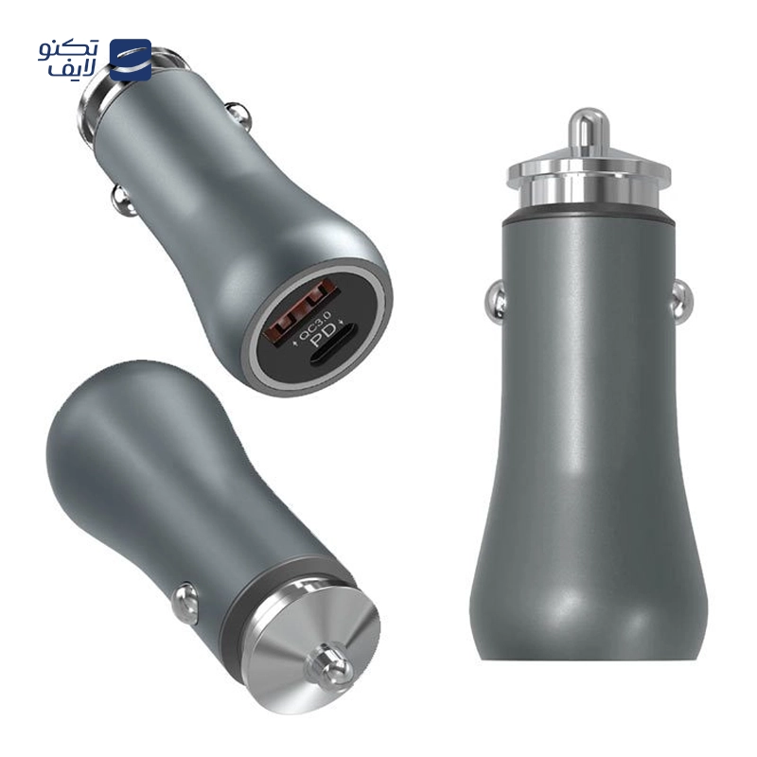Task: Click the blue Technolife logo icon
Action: pos(131,60)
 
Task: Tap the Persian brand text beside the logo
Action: pos(68,60)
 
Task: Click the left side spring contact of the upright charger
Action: pos(495,302)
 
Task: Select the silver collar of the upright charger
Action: pos(588,181)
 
